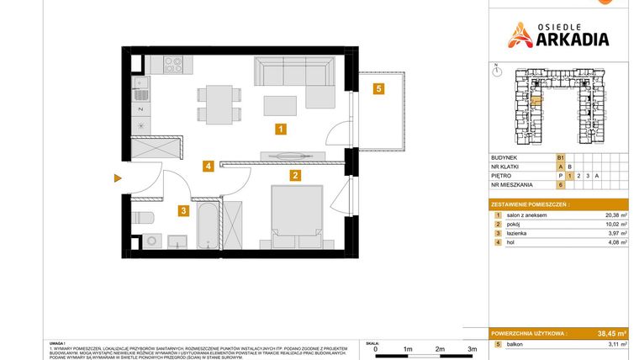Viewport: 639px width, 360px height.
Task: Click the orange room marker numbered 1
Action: tap(281, 129)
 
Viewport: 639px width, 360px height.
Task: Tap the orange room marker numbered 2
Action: tap(295, 176)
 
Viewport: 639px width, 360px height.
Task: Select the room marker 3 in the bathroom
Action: tap(182, 211)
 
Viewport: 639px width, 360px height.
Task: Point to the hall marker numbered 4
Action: tap(207, 167)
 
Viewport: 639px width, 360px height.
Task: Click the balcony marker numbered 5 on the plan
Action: tap(380, 88)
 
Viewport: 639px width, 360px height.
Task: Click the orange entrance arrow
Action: tap(119, 177)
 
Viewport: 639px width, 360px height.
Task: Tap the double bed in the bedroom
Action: tap(295, 217)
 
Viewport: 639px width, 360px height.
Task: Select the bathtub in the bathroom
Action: tap(207, 225)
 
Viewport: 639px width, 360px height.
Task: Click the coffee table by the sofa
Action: tap(280, 104)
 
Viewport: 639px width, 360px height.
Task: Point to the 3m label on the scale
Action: tap(472, 348)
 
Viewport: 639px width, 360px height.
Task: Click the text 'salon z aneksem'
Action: tap(528, 215)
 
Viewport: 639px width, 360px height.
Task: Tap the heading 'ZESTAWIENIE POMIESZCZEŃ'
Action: tap(530, 204)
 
